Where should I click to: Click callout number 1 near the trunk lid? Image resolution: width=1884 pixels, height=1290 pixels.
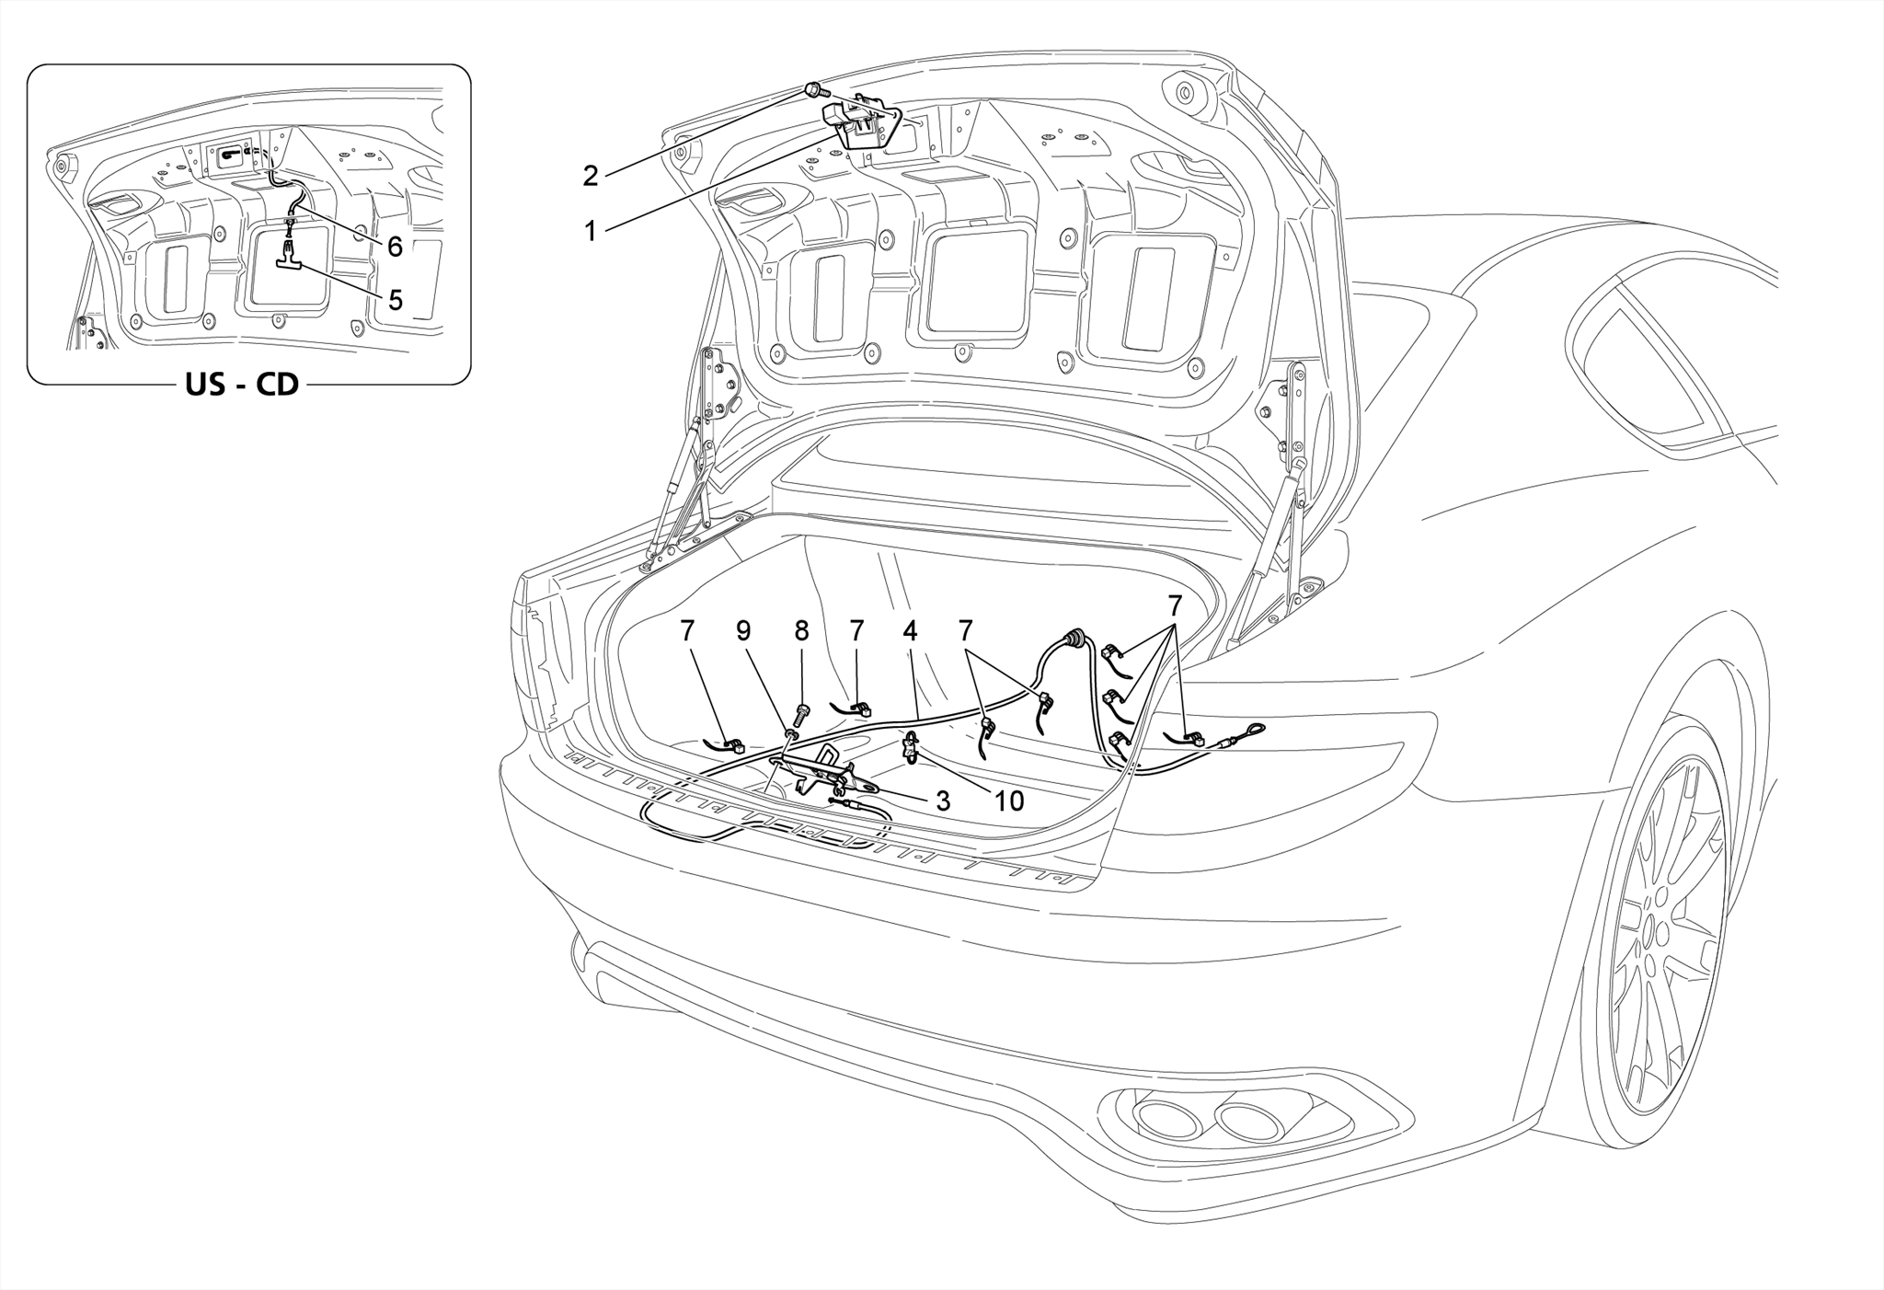click(591, 230)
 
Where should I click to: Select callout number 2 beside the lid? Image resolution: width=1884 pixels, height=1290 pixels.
click(591, 175)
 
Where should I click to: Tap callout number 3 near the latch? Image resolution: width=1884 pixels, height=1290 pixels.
click(942, 800)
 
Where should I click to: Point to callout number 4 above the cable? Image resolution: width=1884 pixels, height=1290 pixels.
click(910, 631)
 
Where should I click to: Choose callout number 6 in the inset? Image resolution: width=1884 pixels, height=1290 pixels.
click(395, 246)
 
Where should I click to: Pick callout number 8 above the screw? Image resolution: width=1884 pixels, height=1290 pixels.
click(801, 631)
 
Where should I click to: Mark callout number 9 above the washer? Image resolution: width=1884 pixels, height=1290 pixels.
click(743, 631)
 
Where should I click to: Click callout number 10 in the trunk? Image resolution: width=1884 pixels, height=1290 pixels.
click(1008, 800)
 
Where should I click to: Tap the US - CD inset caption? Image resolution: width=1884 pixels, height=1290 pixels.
click(242, 384)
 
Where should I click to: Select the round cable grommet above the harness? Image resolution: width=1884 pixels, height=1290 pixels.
click(1073, 638)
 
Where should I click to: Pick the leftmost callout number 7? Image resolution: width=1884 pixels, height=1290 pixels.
click(687, 631)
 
